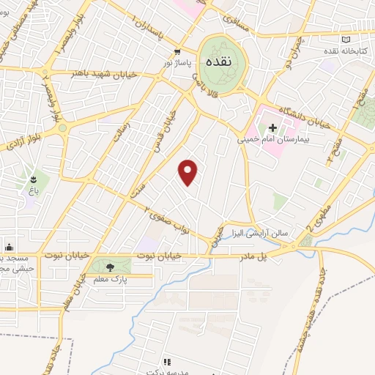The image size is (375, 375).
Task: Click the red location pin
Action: tap(189, 171)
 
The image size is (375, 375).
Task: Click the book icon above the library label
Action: tap(346, 40)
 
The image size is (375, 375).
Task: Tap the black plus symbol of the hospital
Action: tap(273, 127)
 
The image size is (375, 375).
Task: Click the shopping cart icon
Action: tap(177, 51)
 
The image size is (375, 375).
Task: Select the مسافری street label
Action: tap(239, 23)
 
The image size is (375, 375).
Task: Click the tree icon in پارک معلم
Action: tap(109, 267)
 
